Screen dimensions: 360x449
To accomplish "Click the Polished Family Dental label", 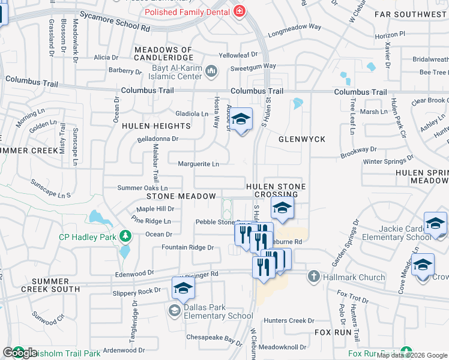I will click(x=187, y=12).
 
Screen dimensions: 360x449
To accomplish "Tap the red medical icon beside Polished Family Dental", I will click(x=240, y=11).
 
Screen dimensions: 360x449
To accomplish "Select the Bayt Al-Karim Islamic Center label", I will click(x=176, y=72).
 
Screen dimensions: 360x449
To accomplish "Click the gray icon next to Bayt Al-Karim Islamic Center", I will click(x=211, y=72).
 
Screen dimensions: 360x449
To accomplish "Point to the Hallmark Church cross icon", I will click(x=313, y=277).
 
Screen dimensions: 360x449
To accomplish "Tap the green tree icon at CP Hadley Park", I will click(x=125, y=236).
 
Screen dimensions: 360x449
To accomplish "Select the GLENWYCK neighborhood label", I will click(x=302, y=139).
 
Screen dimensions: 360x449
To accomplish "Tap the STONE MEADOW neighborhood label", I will click(x=181, y=196).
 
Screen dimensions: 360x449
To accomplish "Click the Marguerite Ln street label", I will click(x=199, y=164).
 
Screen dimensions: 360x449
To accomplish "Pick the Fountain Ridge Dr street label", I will click(x=187, y=247).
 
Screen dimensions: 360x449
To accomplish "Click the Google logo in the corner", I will click(x=20, y=353).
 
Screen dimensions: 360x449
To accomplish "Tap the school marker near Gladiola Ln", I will click(x=241, y=120).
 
